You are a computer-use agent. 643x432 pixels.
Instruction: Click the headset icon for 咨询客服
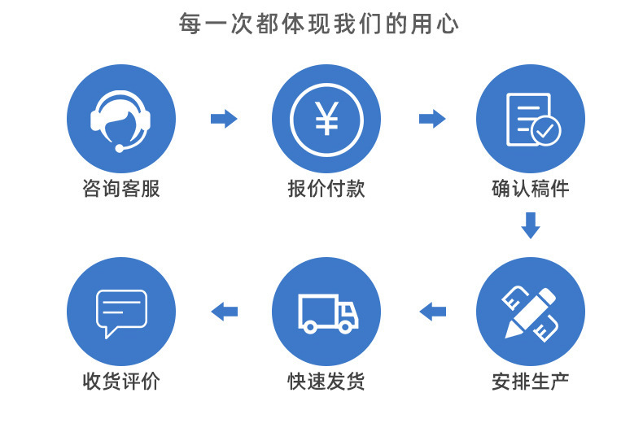click(120, 119)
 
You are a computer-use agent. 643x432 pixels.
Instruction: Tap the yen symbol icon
click(326, 119)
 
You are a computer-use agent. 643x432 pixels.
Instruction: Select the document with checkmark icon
click(531, 119)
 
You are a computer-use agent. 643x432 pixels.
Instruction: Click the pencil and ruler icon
click(531, 312)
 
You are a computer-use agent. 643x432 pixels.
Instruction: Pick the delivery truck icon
click(326, 312)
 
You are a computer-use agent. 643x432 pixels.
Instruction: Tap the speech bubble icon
click(120, 312)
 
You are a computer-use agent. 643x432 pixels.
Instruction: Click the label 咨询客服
click(120, 190)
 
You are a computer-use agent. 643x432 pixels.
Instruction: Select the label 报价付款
click(326, 190)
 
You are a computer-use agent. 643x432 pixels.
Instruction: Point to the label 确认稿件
click(531, 190)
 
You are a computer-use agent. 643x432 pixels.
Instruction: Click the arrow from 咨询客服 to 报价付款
click(224, 119)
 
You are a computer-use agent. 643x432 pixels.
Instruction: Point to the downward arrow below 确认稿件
click(531, 225)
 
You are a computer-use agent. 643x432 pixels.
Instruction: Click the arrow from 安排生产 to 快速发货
click(432, 311)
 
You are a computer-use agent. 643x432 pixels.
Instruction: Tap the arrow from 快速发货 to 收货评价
click(224, 311)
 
